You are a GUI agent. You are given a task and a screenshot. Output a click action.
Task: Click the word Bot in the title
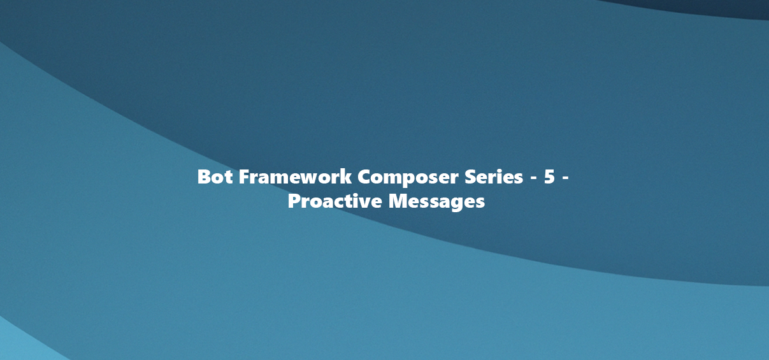[215, 176]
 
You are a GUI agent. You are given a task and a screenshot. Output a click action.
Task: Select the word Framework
[295, 176]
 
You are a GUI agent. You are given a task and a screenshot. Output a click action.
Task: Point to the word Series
[494, 176]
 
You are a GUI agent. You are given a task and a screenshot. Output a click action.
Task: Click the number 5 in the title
[549, 176]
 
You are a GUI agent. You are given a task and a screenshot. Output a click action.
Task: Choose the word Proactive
[334, 201]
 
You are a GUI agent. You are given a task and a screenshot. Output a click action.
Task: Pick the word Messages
[436, 202]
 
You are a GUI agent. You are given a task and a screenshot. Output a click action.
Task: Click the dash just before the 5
[534, 178]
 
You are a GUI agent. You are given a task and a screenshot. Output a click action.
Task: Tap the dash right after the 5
[565, 178]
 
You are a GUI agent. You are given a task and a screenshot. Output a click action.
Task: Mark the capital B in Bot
[204, 176]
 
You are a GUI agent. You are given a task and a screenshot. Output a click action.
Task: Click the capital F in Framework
[244, 176]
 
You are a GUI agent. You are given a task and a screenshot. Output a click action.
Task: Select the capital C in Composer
[364, 176]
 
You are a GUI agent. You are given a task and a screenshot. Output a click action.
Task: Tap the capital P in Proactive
[294, 201]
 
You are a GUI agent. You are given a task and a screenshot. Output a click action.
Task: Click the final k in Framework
[346, 176]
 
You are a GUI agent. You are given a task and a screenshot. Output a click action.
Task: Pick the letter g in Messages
[458, 204]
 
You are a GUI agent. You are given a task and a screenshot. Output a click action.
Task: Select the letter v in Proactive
[364, 203]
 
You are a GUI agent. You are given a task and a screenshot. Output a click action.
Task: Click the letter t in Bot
[228, 178]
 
